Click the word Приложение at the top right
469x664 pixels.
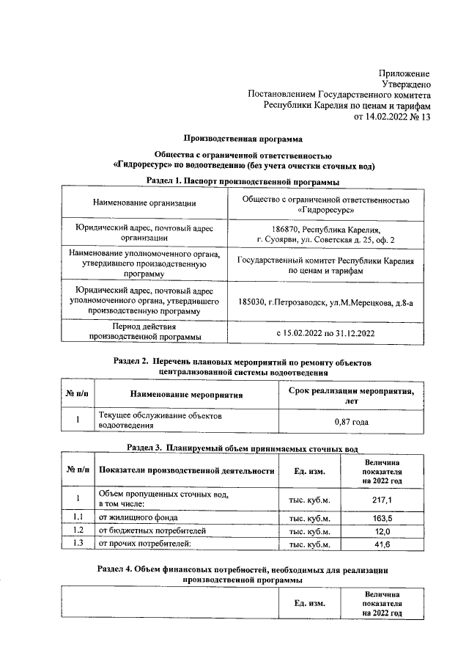point(405,73)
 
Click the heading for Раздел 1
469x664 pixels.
point(242,180)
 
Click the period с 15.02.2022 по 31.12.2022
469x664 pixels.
point(325,333)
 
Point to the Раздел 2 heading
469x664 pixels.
point(244,362)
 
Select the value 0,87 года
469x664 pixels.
point(351,421)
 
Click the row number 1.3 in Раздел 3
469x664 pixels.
point(77,543)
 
